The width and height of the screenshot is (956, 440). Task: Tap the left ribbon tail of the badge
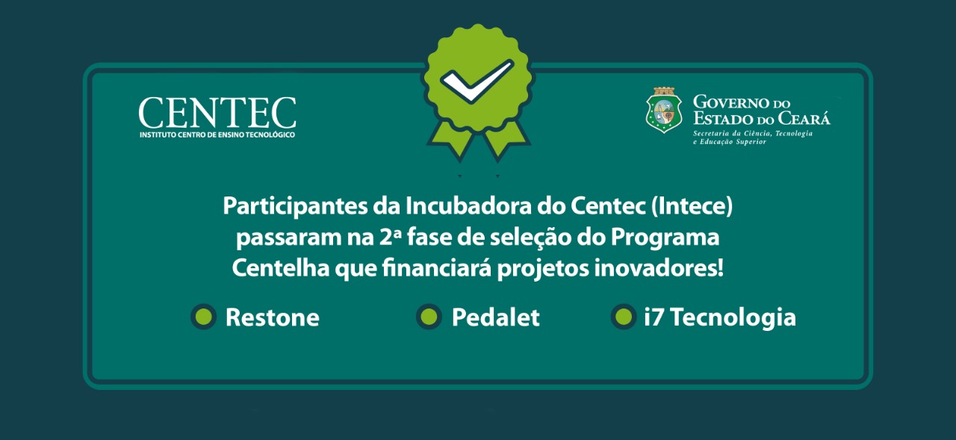pyautogui.click(x=454, y=139)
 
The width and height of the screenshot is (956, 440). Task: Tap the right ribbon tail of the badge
pyautogui.click(x=503, y=139)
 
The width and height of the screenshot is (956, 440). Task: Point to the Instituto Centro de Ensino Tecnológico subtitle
pyautogui.click(x=217, y=135)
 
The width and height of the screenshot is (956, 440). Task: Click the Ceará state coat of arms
pyautogui.click(x=664, y=111)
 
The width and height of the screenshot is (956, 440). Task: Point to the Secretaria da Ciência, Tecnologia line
pyautogui.click(x=752, y=134)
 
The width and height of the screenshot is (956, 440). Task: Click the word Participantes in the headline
pyautogui.click(x=295, y=207)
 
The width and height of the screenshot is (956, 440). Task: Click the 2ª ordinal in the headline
pyautogui.click(x=390, y=238)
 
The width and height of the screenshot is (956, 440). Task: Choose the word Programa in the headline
pyautogui.click(x=665, y=238)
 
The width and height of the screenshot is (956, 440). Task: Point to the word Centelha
pyautogui.click(x=280, y=268)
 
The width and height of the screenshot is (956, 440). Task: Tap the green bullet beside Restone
pyautogui.click(x=204, y=317)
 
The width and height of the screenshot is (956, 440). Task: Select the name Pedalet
pyautogui.click(x=495, y=317)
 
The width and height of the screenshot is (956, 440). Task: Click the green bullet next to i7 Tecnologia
pyautogui.click(x=624, y=317)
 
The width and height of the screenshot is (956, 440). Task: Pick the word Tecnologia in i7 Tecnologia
pyautogui.click(x=733, y=318)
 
